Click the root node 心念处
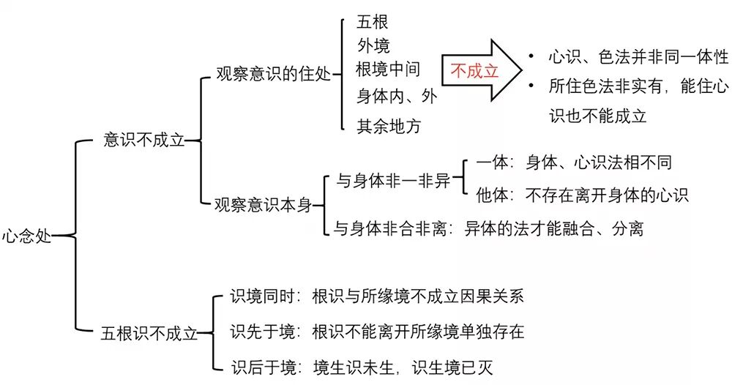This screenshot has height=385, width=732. pos(26,236)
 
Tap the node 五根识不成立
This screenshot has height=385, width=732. pos(149,334)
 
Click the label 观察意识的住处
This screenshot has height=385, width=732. pos(272,75)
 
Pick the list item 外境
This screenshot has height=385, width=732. pos(373,45)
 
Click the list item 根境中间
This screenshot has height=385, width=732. pos(389,70)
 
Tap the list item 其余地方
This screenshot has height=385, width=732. pos(389,124)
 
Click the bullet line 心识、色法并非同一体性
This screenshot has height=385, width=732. pos(627,56)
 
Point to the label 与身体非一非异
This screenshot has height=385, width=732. pos(393,181)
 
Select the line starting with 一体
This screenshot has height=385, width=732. pos(573,162)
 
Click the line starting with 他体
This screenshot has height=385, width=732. pos(582,195)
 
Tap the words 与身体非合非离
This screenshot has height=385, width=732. pos(387,228)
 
